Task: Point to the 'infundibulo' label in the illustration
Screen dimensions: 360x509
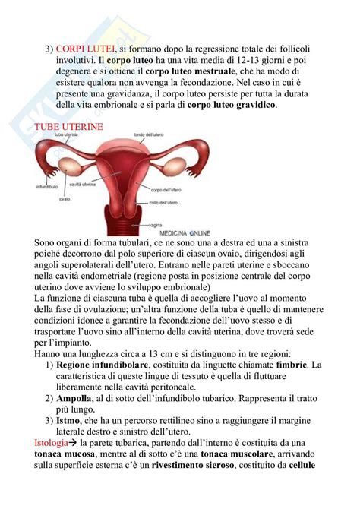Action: pyautogui.click(x=48, y=185)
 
